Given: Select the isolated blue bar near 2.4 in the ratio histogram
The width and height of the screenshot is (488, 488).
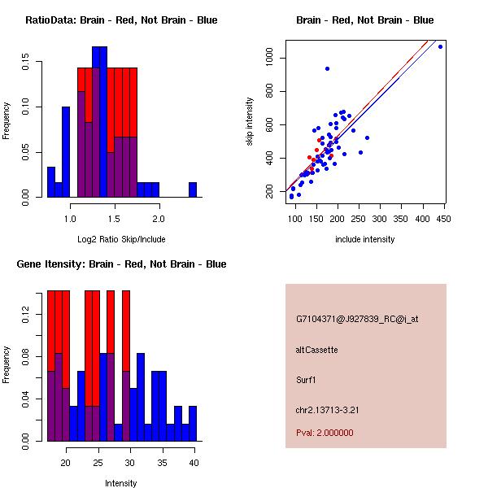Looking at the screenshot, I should coord(193,190).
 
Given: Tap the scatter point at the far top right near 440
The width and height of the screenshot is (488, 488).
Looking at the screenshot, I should coord(440,47).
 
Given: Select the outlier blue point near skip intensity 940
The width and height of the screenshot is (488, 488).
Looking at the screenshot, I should coord(327,68).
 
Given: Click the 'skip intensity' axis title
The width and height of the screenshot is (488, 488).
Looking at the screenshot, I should coord(251,122).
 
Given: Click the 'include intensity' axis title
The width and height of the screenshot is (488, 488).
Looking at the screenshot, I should coord(364,240).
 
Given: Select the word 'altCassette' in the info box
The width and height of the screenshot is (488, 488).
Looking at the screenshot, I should coord(316,350).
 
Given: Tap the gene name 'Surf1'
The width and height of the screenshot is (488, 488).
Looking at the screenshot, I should coord(306,379).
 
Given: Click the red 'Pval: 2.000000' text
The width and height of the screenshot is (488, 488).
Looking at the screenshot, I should coord(325,433).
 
